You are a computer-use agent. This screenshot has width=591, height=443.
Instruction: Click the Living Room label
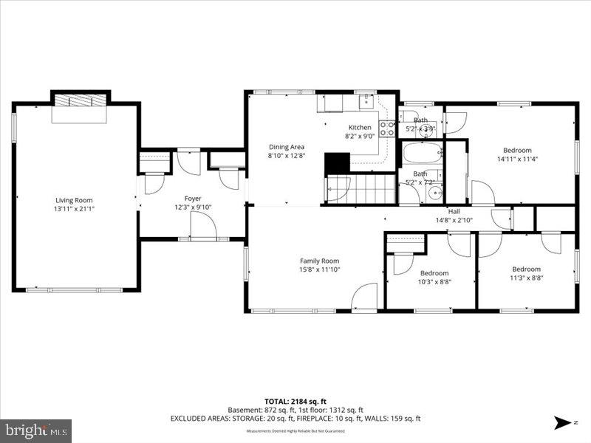(x=74, y=200)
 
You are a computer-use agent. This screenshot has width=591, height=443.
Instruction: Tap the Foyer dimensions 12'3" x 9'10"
(x=192, y=207)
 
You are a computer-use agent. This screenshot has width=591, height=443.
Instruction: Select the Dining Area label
(x=286, y=147)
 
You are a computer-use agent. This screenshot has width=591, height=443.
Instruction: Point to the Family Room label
(x=319, y=261)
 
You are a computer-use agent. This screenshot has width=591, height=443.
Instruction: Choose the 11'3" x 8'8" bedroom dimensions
(x=525, y=278)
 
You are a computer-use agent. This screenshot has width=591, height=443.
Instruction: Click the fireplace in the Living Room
(x=80, y=100)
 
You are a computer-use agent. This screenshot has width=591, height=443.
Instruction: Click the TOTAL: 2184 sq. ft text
(x=295, y=401)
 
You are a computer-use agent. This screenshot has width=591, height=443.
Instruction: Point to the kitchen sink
(x=366, y=98)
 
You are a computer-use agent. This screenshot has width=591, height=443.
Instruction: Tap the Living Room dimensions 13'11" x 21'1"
(x=74, y=209)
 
